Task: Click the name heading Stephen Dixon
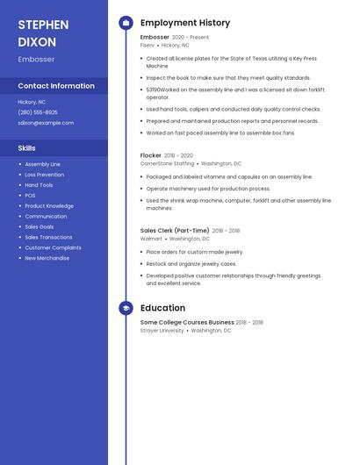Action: click(x=37, y=32)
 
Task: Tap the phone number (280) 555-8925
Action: click(x=38, y=112)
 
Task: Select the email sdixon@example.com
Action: click(x=46, y=123)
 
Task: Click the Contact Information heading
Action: click(x=56, y=86)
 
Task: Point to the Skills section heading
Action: click(x=27, y=148)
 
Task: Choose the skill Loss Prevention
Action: click(x=44, y=175)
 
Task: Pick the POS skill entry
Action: click(x=30, y=196)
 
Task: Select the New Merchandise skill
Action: click(x=47, y=258)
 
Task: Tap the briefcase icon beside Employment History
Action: click(x=126, y=23)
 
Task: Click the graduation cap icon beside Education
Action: click(x=126, y=308)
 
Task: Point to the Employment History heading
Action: click(x=185, y=23)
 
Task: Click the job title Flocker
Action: click(x=151, y=155)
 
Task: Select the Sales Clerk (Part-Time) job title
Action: click(x=175, y=231)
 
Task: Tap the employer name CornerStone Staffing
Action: click(x=167, y=163)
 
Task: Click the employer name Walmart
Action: click(x=151, y=239)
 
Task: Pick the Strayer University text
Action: click(x=162, y=331)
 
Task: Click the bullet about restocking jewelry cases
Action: click(x=191, y=263)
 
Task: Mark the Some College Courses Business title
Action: click(x=187, y=323)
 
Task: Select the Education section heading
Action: click(x=162, y=308)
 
